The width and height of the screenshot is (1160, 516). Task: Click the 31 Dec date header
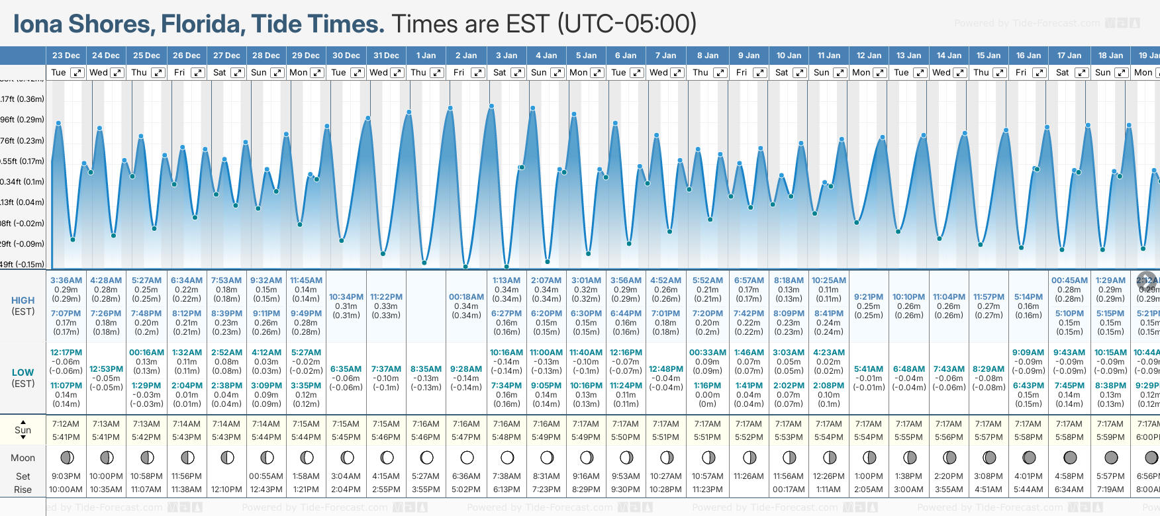pos(386,56)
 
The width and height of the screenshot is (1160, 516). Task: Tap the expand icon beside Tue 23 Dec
pos(77,73)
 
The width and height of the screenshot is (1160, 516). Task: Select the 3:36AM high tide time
pos(66,280)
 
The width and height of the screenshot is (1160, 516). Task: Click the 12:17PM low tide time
pos(66,353)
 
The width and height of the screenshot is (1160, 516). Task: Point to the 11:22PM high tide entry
pos(386,297)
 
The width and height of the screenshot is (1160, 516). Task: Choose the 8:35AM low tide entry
pos(426,369)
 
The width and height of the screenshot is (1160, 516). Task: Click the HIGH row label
pos(23,300)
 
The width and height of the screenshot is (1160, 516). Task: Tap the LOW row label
pos(23,372)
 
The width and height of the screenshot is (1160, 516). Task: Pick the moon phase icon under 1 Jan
pos(427,457)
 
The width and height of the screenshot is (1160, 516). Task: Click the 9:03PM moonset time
pos(66,476)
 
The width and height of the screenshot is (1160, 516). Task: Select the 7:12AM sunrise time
pos(66,424)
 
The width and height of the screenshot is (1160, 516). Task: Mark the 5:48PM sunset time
pos(507,437)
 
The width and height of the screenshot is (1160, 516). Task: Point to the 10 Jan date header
pos(789,56)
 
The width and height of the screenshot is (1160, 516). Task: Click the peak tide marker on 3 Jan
pos(491,106)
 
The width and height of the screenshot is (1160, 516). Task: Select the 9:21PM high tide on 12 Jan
pos(869,297)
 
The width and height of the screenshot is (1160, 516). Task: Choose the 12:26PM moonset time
pos(828,476)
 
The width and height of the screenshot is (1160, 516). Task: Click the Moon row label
pos(23,458)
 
